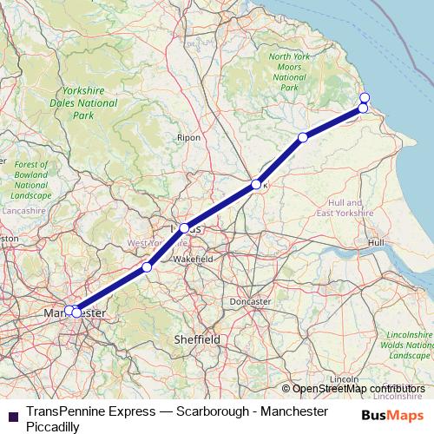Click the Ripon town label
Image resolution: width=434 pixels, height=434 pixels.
tap(188, 137)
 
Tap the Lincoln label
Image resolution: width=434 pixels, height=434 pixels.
tap(345, 379)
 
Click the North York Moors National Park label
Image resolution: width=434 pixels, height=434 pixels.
tap(289, 72)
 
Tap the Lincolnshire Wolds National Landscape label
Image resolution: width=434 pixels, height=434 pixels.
tap(411, 345)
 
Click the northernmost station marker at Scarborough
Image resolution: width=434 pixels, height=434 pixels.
tap(365, 97)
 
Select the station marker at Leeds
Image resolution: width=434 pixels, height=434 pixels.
tap(184, 228)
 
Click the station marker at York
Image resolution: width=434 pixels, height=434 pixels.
tap(255, 184)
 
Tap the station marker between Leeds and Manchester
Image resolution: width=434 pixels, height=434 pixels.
tap(147, 267)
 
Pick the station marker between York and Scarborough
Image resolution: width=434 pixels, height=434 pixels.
tap(303, 137)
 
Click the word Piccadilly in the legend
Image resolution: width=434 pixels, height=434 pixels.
tap(54, 426)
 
